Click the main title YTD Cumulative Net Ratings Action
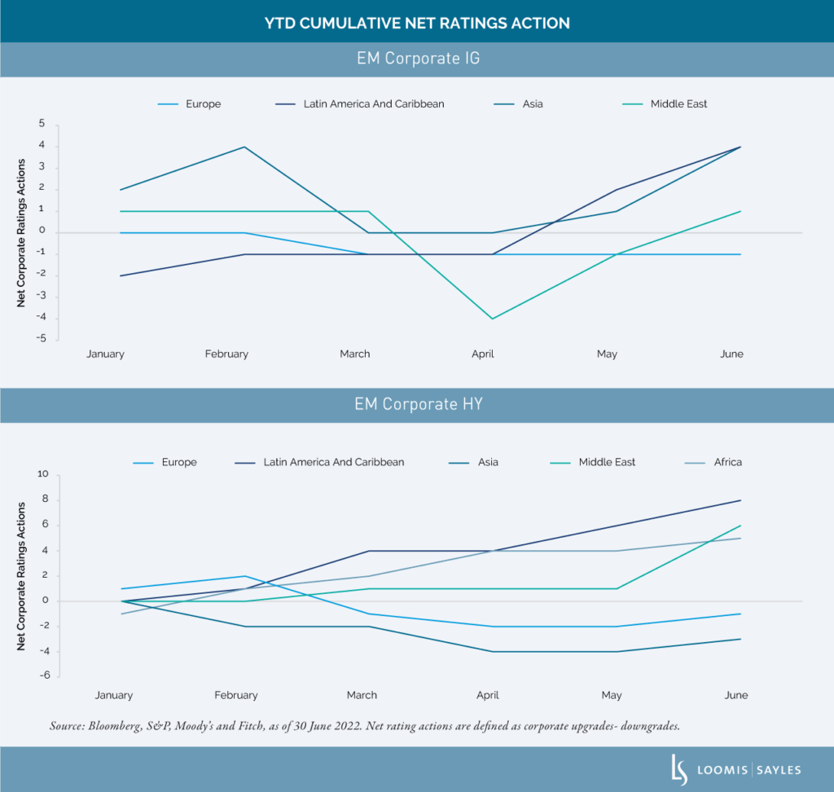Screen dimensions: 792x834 (x=417, y=23)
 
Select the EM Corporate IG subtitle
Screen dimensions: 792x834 (x=417, y=59)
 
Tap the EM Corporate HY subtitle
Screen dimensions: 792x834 (x=417, y=404)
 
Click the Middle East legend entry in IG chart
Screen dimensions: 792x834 (x=678, y=104)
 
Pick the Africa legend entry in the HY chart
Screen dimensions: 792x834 (x=727, y=462)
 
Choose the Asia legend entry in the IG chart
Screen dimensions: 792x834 (x=533, y=104)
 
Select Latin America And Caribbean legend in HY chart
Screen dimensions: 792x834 (x=333, y=462)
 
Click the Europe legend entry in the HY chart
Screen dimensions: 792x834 (x=178, y=462)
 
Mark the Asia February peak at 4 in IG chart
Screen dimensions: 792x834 (x=244, y=147)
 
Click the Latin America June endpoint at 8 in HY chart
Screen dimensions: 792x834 (x=740, y=500)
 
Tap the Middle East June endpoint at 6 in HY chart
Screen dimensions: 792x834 (x=740, y=526)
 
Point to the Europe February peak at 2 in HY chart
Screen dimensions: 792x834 (x=244, y=576)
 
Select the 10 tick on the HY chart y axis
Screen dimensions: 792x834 (x=42, y=474)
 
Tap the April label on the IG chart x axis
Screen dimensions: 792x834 (x=483, y=354)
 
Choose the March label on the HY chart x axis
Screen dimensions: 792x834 (x=362, y=695)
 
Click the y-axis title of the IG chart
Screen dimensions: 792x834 (x=22, y=233)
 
